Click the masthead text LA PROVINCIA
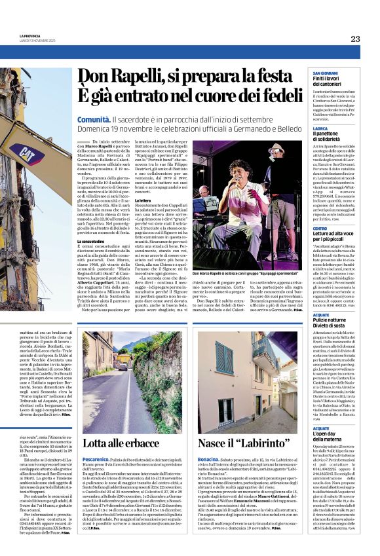pos(29,36)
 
